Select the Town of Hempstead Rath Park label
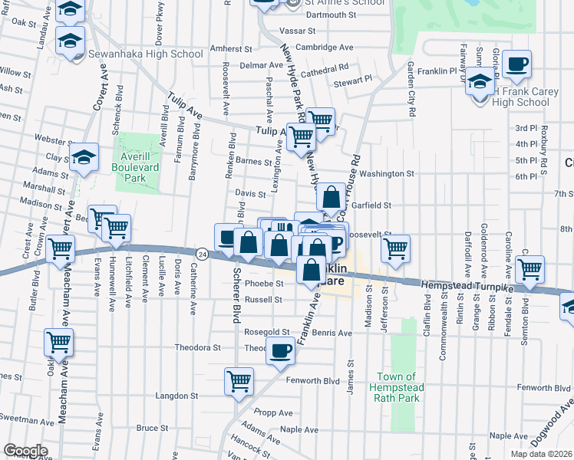[x=398, y=387]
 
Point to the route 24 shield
[x=201, y=253]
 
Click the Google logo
[x=25, y=451]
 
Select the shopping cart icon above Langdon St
[x=239, y=380]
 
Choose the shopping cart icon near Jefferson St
[x=395, y=248]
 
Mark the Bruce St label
[x=152, y=428]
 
